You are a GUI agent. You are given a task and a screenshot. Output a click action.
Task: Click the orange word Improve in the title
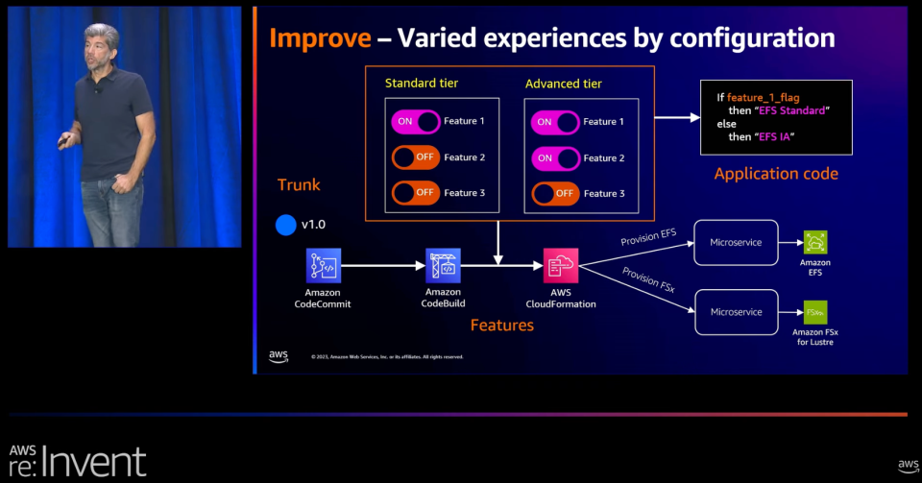(x=319, y=38)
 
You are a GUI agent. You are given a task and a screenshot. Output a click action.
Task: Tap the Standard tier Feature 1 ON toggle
(x=416, y=121)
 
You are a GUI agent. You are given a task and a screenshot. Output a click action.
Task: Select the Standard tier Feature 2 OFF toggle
(x=416, y=157)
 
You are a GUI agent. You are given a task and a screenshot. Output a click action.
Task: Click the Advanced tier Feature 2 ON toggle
(x=555, y=157)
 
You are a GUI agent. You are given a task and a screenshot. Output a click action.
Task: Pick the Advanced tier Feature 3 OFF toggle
(x=555, y=193)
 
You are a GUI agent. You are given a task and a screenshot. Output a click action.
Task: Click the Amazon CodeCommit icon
(x=324, y=265)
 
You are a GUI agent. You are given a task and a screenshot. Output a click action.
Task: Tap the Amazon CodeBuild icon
(x=443, y=265)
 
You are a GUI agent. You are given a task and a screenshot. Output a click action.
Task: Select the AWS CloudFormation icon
(x=561, y=265)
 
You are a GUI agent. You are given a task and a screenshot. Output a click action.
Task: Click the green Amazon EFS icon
(x=815, y=242)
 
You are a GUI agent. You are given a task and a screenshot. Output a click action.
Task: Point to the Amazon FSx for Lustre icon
(x=815, y=312)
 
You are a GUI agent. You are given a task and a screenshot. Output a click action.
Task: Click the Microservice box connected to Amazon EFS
(x=736, y=242)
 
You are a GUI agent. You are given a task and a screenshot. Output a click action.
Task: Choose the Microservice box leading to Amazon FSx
(x=736, y=312)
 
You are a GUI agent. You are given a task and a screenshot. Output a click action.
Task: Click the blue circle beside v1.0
(x=285, y=225)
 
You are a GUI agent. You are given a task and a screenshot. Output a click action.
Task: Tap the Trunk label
(x=299, y=185)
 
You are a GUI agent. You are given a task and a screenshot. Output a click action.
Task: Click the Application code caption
(x=776, y=174)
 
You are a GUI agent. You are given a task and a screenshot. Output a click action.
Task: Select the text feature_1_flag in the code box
(x=764, y=97)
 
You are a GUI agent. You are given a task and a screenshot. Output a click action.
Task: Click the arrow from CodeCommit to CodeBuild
(x=383, y=265)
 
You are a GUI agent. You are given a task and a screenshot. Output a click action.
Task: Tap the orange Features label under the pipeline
(x=501, y=326)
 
